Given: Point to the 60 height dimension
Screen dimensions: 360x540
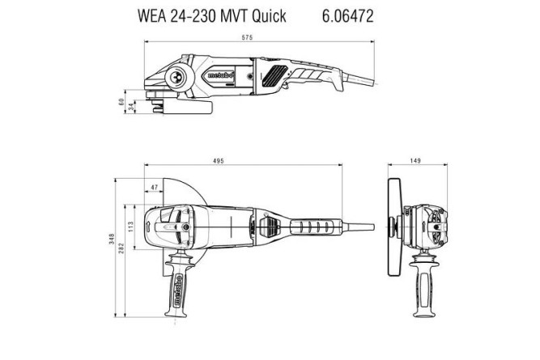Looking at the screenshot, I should click(x=122, y=102).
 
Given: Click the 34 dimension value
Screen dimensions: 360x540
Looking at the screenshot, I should click(x=131, y=107).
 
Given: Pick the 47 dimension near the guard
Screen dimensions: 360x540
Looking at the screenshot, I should click(x=155, y=188).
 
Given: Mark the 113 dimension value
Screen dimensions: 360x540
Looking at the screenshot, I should click(x=131, y=222).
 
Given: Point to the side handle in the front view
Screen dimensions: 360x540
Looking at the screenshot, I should click(x=421, y=287).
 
